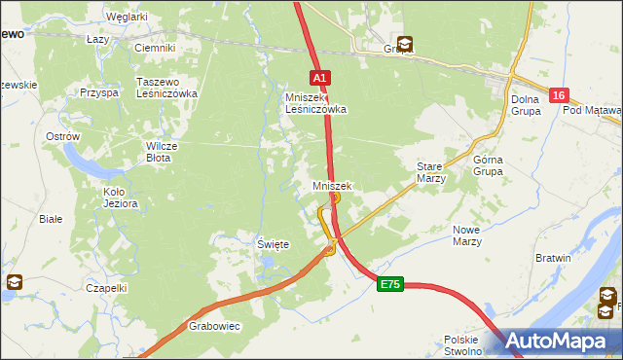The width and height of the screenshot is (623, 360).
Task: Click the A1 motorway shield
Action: tap(321, 77)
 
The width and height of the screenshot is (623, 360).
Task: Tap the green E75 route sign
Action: tap(390, 284)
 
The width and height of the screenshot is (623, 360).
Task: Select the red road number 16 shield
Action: tap(558, 95)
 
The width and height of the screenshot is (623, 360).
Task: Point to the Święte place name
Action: tap(273, 245)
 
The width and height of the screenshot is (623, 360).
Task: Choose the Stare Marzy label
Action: tap(430, 172)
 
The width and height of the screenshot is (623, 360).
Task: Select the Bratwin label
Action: tap(553, 258)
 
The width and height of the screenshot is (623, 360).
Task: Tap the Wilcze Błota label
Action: tap(161, 152)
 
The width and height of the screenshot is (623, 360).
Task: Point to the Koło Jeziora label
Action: tap(121, 198)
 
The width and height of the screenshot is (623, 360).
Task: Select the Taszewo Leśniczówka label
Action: tap(167, 88)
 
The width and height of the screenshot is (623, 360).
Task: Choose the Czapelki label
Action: tap(106, 288)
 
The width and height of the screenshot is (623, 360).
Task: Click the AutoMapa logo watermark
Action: tap(559, 341)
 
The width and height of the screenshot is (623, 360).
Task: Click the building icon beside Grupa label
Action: tap(404, 44)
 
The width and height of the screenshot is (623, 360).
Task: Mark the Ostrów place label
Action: tap(62, 137)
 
